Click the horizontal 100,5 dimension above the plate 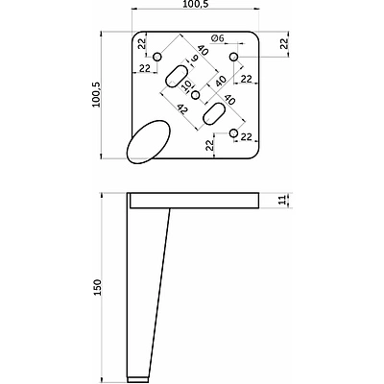(195, 5)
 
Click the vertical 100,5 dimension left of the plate (97, 95)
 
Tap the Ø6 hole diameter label (217, 38)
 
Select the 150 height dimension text (97, 287)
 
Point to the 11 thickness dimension (282, 201)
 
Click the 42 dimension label (182, 109)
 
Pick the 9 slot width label (195, 59)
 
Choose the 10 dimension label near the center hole (187, 85)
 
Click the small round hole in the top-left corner (156, 57)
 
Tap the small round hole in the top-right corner (234, 57)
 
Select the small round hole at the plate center (196, 95)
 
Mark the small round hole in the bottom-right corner (234, 133)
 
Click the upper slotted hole (177, 76)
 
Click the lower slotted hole (214, 114)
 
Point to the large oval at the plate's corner (149, 142)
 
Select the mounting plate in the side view (194, 201)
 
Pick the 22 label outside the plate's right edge (283, 43)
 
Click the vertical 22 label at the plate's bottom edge (209, 145)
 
